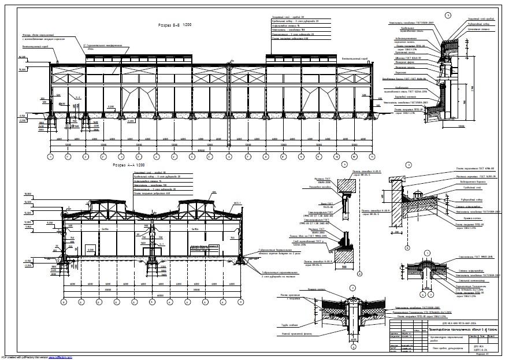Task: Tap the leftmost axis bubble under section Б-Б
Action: pyautogui.click(x=50, y=157)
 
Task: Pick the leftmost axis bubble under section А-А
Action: pyautogui.click(x=64, y=302)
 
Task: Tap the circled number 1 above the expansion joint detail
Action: pyautogui.click(x=426, y=253)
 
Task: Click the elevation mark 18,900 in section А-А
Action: pyautogui.click(x=27, y=193)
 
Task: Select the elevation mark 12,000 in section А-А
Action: pyautogui.click(x=27, y=221)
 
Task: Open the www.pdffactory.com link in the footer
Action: pyautogui.click(x=60, y=358)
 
